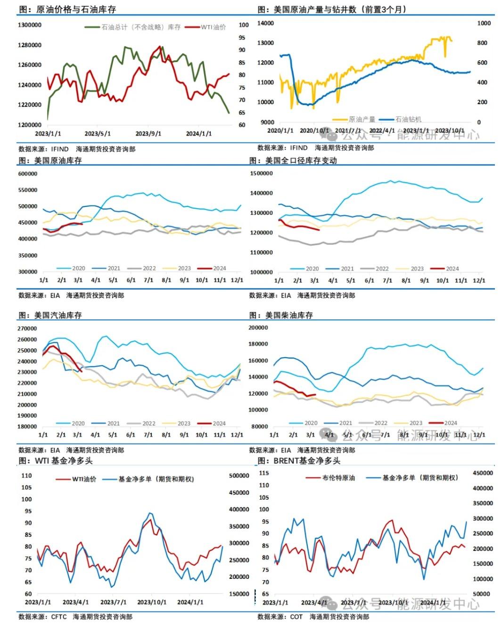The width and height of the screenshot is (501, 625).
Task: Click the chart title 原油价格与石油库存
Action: (x=75, y=9)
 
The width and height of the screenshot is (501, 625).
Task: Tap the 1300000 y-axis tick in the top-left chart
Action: (x=29, y=25)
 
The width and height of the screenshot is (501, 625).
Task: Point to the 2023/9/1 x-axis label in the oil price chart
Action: (x=148, y=134)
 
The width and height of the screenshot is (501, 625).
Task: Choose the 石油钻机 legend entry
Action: (x=408, y=120)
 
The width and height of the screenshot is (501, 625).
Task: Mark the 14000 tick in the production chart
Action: (x=266, y=23)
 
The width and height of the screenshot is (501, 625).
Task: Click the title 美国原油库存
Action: (x=58, y=161)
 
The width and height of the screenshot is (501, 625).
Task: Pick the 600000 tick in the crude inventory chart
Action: (x=28, y=174)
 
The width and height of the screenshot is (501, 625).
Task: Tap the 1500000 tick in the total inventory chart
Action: (x=262, y=173)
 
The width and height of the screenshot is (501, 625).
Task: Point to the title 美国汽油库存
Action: (x=58, y=315)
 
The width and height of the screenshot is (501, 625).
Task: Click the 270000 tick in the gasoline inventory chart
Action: (x=27, y=329)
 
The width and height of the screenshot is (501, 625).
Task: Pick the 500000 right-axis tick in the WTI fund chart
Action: (x=239, y=476)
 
